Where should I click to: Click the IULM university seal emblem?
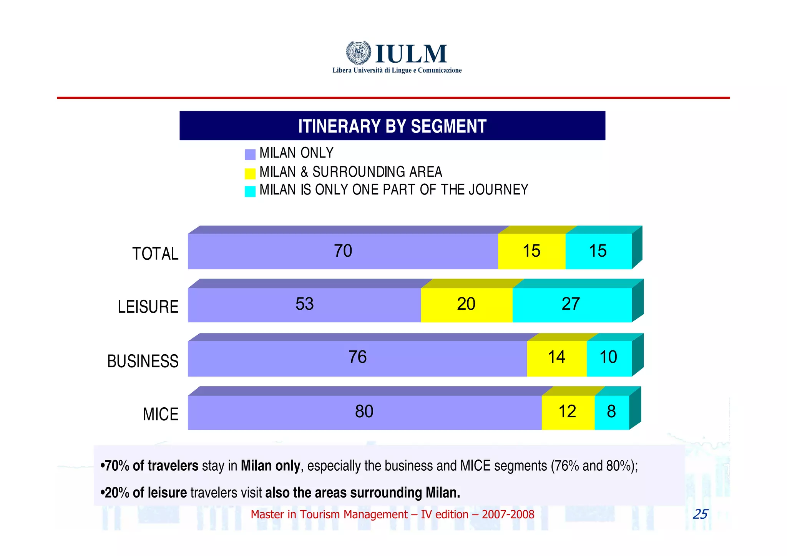coord(358,53)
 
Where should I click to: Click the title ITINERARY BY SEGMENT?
coord(392,126)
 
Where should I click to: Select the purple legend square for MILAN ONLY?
coord(250,154)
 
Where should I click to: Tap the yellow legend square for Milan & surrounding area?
coord(250,173)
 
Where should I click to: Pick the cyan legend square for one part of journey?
coord(250,191)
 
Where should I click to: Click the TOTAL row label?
coord(155,254)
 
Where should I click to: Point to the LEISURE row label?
coord(148,307)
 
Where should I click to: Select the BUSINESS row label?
coord(143,361)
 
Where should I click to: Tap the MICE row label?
coord(160,414)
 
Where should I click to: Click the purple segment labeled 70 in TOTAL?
coord(343,251)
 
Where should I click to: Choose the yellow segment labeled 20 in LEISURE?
coord(466,304)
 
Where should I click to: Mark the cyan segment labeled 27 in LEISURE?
coord(571,304)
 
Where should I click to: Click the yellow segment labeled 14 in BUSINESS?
coord(556,358)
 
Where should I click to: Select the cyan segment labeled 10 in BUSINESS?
coord(609,358)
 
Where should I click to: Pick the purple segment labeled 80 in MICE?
coord(364,412)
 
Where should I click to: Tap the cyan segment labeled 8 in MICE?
coord(611,412)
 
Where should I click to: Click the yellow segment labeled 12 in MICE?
coord(567,412)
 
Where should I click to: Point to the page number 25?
coord(700,514)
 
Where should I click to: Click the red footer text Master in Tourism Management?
coord(392,515)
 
